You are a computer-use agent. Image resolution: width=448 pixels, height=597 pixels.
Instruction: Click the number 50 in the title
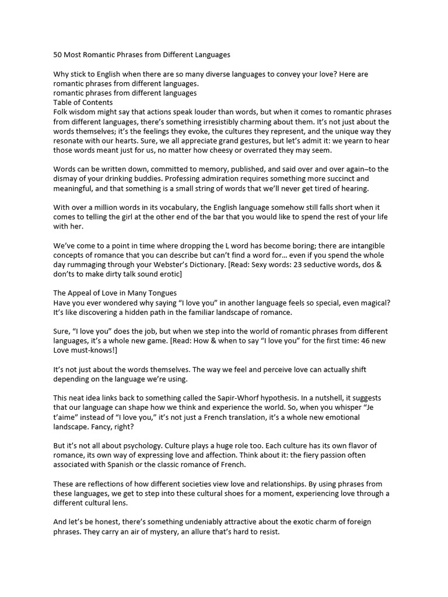[x=58, y=55]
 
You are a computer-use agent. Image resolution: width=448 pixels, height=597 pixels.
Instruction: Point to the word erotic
[x=167, y=274]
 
